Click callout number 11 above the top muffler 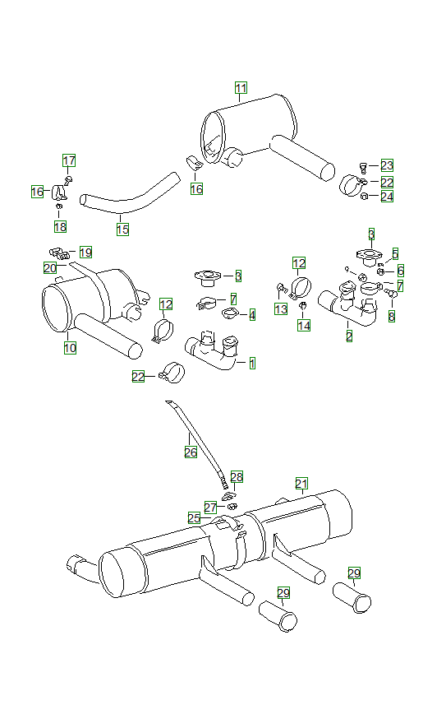pyautogui.click(x=241, y=88)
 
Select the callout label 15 pyautogui.click(x=122, y=229)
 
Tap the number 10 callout pyautogui.click(x=70, y=348)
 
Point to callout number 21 pyautogui.click(x=301, y=483)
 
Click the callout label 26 pyautogui.click(x=191, y=452)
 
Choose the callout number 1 pyautogui.click(x=252, y=363)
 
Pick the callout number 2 pyautogui.click(x=349, y=336)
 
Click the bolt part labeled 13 pyautogui.click(x=282, y=288)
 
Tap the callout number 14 pyautogui.click(x=305, y=326)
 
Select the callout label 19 pyautogui.click(x=85, y=252)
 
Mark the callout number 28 pyautogui.click(x=237, y=477)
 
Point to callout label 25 pyautogui.click(x=194, y=517)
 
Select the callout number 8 pyautogui.click(x=392, y=316)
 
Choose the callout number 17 pyautogui.click(x=69, y=160)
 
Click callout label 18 pyautogui.click(x=60, y=226)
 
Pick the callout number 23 pyautogui.click(x=387, y=165)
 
